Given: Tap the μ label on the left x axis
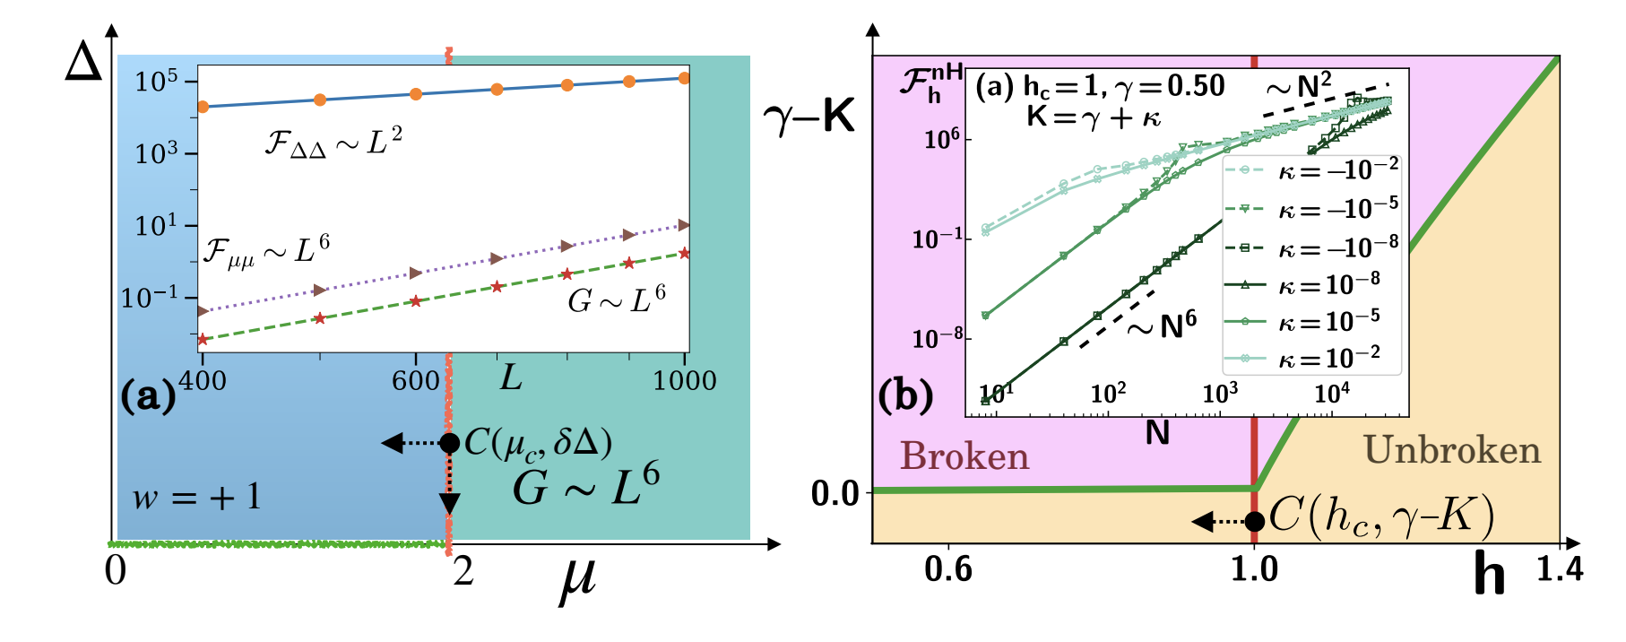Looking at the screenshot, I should tap(578, 578).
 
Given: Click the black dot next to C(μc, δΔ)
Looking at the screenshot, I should tap(450, 443).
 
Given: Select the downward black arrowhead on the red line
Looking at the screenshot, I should tap(449, 502).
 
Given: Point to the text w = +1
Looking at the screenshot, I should tap(196, 496).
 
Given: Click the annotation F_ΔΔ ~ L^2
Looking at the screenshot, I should tap(333, 143).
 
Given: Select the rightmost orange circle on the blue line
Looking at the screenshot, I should tap(685, 78).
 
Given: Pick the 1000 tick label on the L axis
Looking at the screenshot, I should tap(684, 380).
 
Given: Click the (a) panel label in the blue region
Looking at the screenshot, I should tap(149, 395).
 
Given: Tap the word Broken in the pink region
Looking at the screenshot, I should tap(964, 456).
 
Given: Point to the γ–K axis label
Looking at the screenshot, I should tap(809, 117).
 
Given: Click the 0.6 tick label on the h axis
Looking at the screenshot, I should tap(947, 568).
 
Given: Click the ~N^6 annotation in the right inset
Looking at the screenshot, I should tap(1162, 326).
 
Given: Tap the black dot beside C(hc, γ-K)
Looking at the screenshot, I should tap(1255, 521).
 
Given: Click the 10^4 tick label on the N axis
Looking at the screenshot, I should tap(1332, 393).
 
